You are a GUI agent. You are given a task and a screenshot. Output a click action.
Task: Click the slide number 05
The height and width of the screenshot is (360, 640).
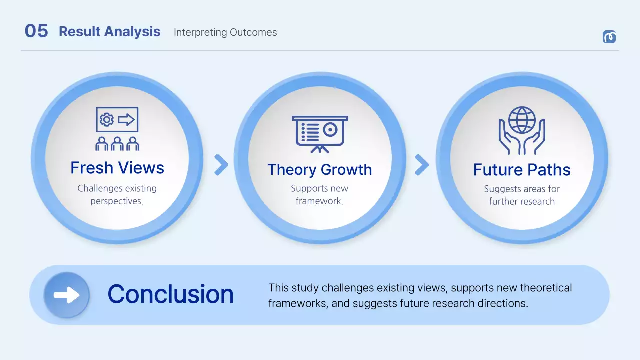pos(36,31)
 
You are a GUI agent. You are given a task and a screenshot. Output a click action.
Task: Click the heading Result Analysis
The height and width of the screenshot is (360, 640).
pos(109,32)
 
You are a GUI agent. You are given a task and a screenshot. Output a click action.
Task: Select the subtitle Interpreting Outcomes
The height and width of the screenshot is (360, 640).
pos(225,32)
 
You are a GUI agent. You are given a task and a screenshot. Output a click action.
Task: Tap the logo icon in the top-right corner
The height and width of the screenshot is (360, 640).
pos(609,37)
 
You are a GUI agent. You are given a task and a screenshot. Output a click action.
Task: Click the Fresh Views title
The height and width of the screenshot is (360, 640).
pos(117,168)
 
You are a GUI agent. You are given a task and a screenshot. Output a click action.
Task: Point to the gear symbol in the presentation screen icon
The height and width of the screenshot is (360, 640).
pos(106,120)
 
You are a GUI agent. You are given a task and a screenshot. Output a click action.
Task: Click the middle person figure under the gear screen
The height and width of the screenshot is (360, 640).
pos(117,144)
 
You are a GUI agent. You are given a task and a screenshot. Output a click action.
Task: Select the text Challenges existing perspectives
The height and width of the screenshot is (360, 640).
pos(117,195)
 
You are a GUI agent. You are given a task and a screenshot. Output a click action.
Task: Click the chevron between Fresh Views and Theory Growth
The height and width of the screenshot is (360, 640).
pos(221,165)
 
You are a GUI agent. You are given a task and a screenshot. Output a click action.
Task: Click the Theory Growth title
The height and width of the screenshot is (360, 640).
pos(320,170)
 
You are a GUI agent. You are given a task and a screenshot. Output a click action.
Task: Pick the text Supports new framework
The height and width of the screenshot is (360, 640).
pos(320,195)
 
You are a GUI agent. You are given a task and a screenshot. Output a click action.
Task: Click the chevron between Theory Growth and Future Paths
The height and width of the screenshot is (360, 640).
pos(422,165)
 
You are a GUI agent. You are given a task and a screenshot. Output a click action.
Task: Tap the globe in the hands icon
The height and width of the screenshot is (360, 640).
pos(522,120)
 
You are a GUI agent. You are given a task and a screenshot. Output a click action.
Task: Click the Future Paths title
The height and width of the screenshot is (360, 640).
pos(522,170)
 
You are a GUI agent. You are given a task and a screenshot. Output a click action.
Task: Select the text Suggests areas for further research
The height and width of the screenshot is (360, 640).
pos(522,195)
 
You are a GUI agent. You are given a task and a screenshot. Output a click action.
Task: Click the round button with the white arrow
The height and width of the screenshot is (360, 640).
pos(67,295)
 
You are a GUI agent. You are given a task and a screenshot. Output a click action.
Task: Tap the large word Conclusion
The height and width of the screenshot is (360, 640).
pos(171,294)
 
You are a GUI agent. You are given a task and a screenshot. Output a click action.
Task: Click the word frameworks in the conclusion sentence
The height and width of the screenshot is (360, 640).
pos(297,303)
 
